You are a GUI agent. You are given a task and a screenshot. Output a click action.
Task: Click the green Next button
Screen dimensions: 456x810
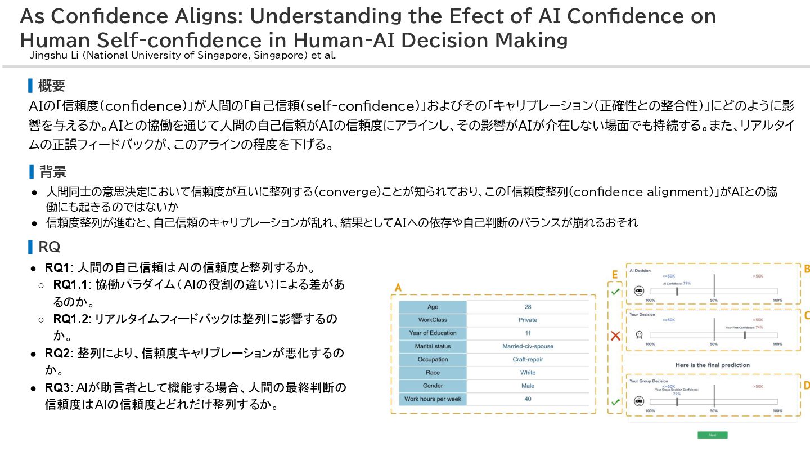(712, 435)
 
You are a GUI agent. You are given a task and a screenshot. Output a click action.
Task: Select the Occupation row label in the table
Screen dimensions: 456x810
(433, 360)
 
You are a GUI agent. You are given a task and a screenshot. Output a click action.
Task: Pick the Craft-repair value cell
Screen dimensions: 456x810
(528, 360)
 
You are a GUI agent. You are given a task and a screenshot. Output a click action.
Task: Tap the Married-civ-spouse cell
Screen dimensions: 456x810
(528, 346)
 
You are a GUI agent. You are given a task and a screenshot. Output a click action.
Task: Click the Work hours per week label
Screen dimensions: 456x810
(433, 399)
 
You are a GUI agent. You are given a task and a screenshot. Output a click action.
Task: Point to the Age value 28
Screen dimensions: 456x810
(528, 307)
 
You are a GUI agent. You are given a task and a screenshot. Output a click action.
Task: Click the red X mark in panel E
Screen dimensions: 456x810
(615, 336)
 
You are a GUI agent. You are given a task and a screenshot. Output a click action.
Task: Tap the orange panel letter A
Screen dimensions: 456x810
(398, 288)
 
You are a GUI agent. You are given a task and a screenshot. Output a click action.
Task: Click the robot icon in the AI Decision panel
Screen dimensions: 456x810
(639, 291)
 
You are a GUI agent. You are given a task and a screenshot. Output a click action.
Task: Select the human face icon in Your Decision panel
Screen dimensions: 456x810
(639, 334)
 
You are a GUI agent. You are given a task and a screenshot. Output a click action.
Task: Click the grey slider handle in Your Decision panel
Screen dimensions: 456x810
(745, 335)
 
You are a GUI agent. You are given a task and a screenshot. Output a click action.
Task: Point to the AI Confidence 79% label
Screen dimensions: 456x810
(677, 284)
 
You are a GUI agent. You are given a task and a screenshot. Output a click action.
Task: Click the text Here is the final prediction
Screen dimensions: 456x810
(712, 365)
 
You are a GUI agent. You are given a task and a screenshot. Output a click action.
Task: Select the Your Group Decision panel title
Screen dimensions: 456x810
(649, 381)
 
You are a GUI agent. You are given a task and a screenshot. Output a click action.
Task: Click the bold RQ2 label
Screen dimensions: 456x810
(56, 354)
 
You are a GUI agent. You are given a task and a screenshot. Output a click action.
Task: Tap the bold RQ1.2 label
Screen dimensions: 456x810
(70, 319)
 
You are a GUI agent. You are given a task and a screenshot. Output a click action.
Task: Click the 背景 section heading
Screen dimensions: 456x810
(53, 172)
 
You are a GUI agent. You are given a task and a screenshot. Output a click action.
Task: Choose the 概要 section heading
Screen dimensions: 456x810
(51, 86)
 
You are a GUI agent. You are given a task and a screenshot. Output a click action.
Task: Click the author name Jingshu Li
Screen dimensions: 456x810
(51, 56)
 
